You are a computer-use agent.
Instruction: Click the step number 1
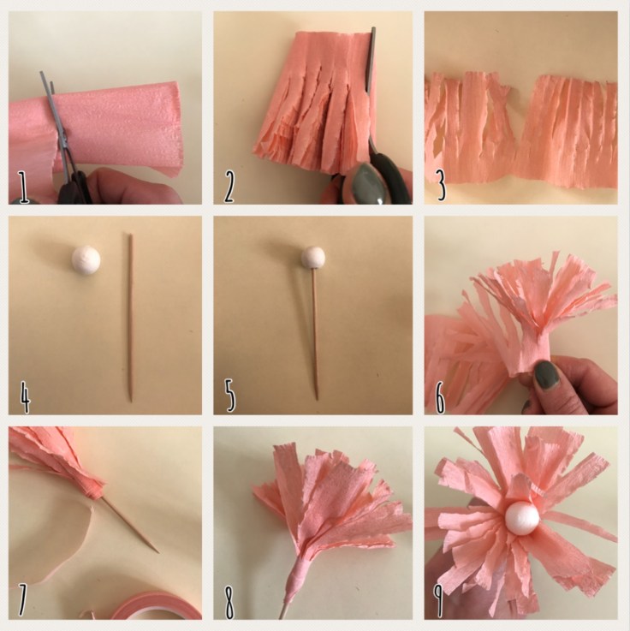[x=24, y=188]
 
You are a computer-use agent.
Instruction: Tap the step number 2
[x=229, y=188]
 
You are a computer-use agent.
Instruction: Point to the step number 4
[x=25, y=398]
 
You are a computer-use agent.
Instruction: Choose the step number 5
[x=229, y=398]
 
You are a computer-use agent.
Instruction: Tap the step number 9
[x=439, y=602]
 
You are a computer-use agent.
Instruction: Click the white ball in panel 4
[x=86, y=256]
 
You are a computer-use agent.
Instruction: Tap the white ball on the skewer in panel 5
[x=314, y=256]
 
